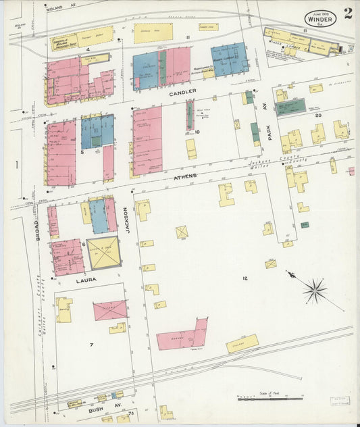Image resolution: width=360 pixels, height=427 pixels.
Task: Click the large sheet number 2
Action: (x=346, y=14)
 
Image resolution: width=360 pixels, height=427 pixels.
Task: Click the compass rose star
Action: (x=314, y=292)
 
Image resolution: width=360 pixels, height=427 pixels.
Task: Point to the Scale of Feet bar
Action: (x=270, y=399)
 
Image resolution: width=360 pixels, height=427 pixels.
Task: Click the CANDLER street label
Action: (x=182, y=91)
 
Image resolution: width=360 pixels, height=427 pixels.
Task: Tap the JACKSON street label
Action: (x=127, y=218)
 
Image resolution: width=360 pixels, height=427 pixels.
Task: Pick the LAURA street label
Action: (x=86, y=278)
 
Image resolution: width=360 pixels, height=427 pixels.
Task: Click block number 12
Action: (x=245, y=278)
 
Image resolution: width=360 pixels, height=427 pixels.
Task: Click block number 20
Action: (x=317, y=116)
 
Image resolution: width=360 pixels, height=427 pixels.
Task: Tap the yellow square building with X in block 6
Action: (x=103, y=252)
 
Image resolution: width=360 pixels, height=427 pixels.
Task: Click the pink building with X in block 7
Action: (x=110, y=310)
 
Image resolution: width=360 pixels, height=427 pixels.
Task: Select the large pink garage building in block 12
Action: (x=182, y=336)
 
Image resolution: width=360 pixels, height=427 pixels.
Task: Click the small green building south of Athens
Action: (x=305, y=224)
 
